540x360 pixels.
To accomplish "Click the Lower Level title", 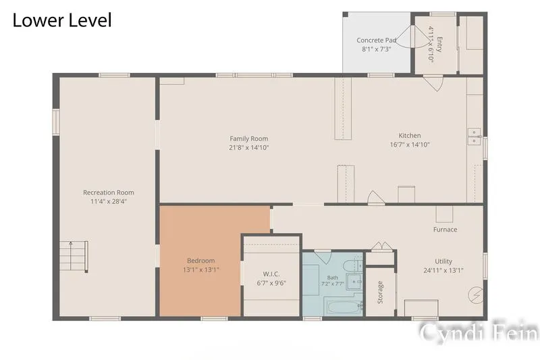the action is (x=62, y=20).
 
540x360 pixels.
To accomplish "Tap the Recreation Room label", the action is (x=109, y=192).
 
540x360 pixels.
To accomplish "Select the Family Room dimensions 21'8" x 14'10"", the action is (x=249, y=147).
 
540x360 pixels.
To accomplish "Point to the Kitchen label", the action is (x=410, y=135).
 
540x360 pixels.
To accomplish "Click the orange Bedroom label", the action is (x=200, y=261).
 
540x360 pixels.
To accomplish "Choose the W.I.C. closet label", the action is (x=271, y=274).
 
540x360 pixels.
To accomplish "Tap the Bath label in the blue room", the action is (x=333, y=278).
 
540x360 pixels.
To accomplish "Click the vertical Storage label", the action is (x=380, y=292).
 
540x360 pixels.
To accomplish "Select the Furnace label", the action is (x=445, y=230).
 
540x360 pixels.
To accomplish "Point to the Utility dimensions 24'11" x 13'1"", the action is (x=443, y=270).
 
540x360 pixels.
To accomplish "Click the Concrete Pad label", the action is (x=376, y=41).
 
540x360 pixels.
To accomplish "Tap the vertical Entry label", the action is (x=439, y=44).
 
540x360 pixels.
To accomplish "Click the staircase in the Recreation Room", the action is (x=74, y=256).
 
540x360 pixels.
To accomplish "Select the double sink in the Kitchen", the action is (x=475, y=136).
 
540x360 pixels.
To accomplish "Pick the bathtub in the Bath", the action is (x=344, y=306).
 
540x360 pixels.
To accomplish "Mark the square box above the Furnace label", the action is (x=444, y=214).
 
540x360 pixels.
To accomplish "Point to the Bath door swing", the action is (x=323, y=257).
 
